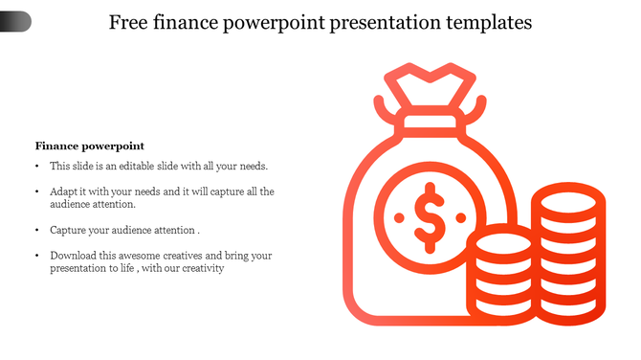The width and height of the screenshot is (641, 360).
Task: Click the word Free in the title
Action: pos(130,22)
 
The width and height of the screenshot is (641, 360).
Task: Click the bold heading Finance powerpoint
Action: pos(89,146)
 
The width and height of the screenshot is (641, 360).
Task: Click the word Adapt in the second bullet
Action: pos(64,191)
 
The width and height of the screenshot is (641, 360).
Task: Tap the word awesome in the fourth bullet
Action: pos(139,256)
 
